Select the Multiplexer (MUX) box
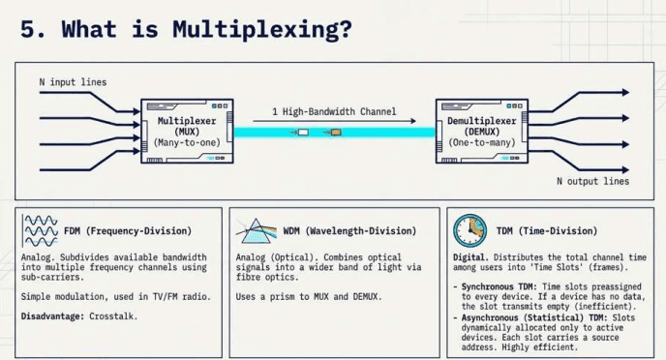pyautogui.click(x=187, y=132)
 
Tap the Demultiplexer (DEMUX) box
pyautogui.click(x=482, y=132)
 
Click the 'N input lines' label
pyautogui.click(x=73, y=82)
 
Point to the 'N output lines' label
pyautogui.click(x=593, y=181)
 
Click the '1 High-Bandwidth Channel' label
pyautogui.click(x=334, y=111)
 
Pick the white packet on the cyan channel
pyautogui.click(x=303, y=133)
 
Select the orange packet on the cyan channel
pyautogui.click(x=336, y=133)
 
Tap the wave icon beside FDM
pyautogui.click(x=41, y=231)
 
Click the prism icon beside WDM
pyautogui.click(x=257, y=231)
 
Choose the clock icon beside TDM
pyautogui.click(x=470, y=230)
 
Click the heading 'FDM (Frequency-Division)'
pyautogui.click(x=128, y=231)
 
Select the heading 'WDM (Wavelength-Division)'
pyautogui.click(x=349, y=231)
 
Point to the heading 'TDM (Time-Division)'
pyautogui.click(x=547, y=231)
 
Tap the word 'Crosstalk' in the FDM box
pyautogui.click(x=111, y=316)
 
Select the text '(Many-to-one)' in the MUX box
pyautogui.click(x=187, y=142)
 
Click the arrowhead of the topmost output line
pyautogui.click(x=625, y=92)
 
